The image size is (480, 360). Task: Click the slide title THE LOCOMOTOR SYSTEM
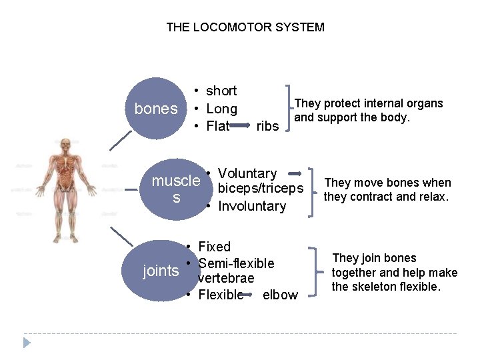[x=245, y=27]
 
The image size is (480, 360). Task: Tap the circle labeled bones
[x=156, y=109]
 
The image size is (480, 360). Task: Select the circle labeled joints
[x=161, y=271]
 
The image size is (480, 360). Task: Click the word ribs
[x=267, y=126]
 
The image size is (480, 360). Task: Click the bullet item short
[x=221, y=91]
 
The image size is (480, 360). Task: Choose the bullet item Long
[x=221, y=109]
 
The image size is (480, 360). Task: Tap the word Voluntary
[x=247, y=174]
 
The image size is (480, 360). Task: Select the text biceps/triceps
[x=260, y=189]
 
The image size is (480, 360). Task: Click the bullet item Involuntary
[x=251, y=206]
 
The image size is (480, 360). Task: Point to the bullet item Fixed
[x=214, y=247]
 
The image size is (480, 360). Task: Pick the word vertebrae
[x=226, y=278]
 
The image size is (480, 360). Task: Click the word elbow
[x=280, y=295]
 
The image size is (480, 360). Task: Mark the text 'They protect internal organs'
[x=369, y=103]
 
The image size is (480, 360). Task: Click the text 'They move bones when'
[x=387, y=183]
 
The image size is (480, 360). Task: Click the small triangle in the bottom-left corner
[x=27, y=343]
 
